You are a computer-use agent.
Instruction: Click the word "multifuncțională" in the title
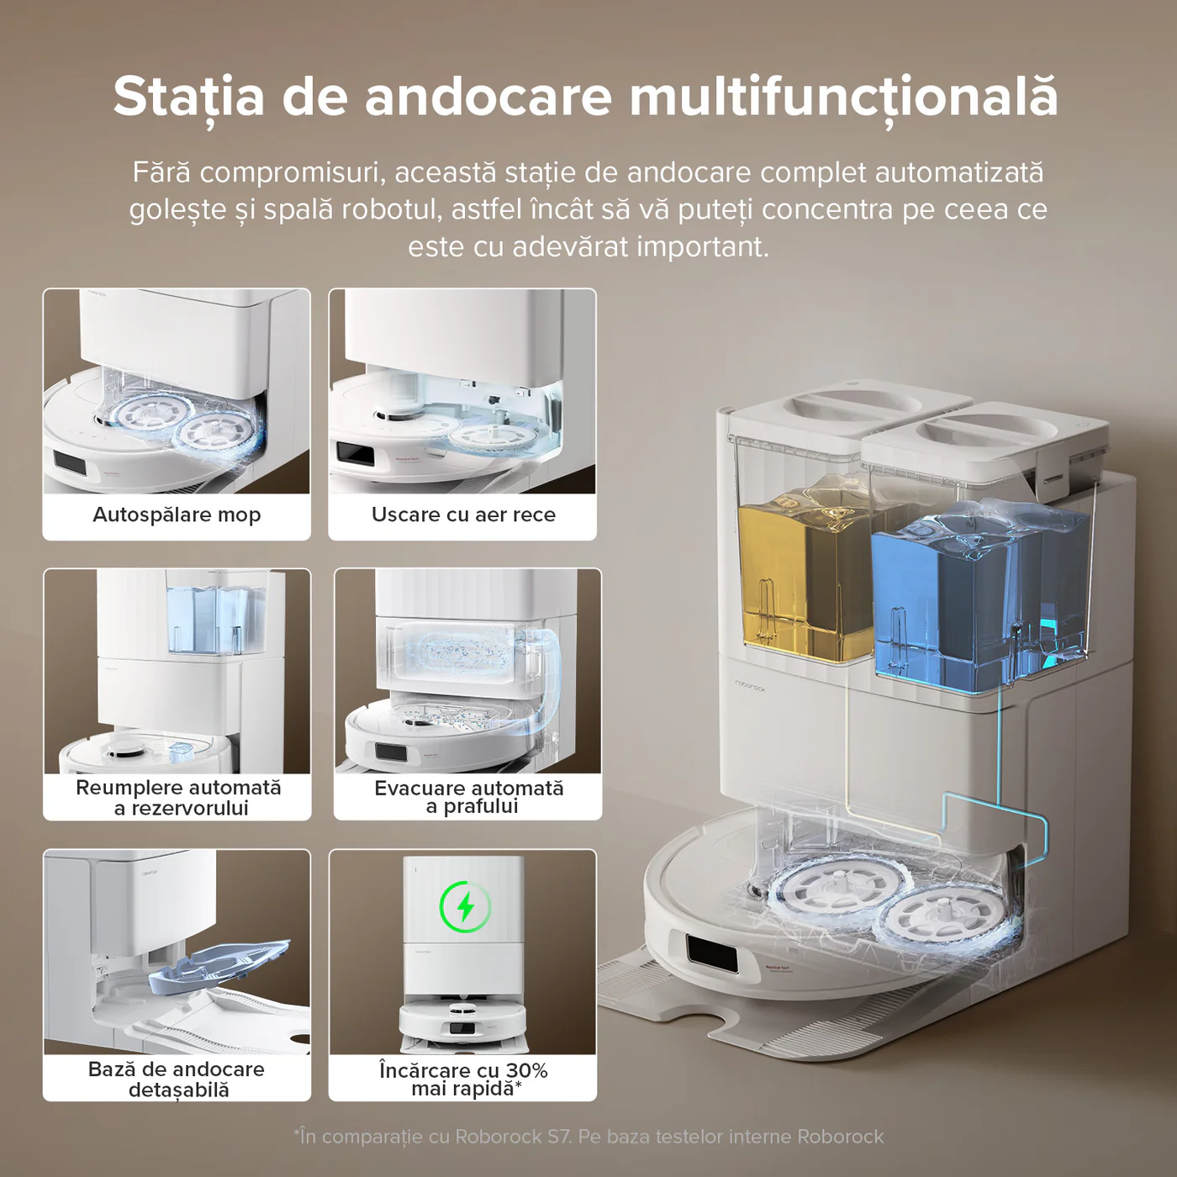pyautogui.click(x=843, y=96)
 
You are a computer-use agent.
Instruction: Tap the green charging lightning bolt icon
pyautogui.click(x=466, y=907)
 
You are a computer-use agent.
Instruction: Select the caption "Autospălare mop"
pyautogui.click(x=177, y=515)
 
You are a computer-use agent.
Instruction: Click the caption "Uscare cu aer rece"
pyautogui.click(x=463, y=515)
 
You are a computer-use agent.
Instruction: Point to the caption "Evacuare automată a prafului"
pyautogui.click(x=468, y=797)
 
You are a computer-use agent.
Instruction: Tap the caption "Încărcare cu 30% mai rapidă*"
pyautogui.click(x=463, y=1079)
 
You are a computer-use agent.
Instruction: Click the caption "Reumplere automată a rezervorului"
pyautogui.click(x=178, y=798)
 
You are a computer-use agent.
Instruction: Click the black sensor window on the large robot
pyautogui.click(x=711, y=953)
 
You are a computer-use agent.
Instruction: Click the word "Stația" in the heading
pyautogui.click(x=188, y=96)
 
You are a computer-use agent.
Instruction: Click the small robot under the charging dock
pyautogui.click(x=462, y=1021)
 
